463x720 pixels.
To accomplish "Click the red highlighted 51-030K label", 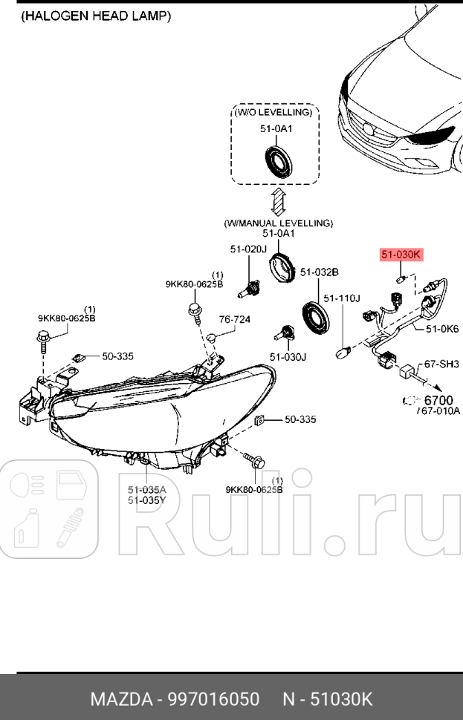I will (x=401, y=255).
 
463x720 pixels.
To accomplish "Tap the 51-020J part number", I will (x=247, y=249).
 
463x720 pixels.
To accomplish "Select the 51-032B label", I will (x=320, y=272).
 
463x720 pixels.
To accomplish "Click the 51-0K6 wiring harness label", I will (x=442, y=328).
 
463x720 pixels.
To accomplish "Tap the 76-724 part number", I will (x=234, y=320).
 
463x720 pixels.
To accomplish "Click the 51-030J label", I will (x=288, y=357).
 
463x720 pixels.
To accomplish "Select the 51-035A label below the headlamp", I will (x=146, y=489).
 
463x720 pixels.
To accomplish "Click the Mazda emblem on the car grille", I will (x=370, y=127).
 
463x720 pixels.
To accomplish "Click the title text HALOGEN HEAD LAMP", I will (x=97, y=16).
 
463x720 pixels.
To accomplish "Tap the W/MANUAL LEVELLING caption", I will (x=279, y=223).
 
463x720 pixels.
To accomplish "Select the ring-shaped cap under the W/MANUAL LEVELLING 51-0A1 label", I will (x=282, y=265).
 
